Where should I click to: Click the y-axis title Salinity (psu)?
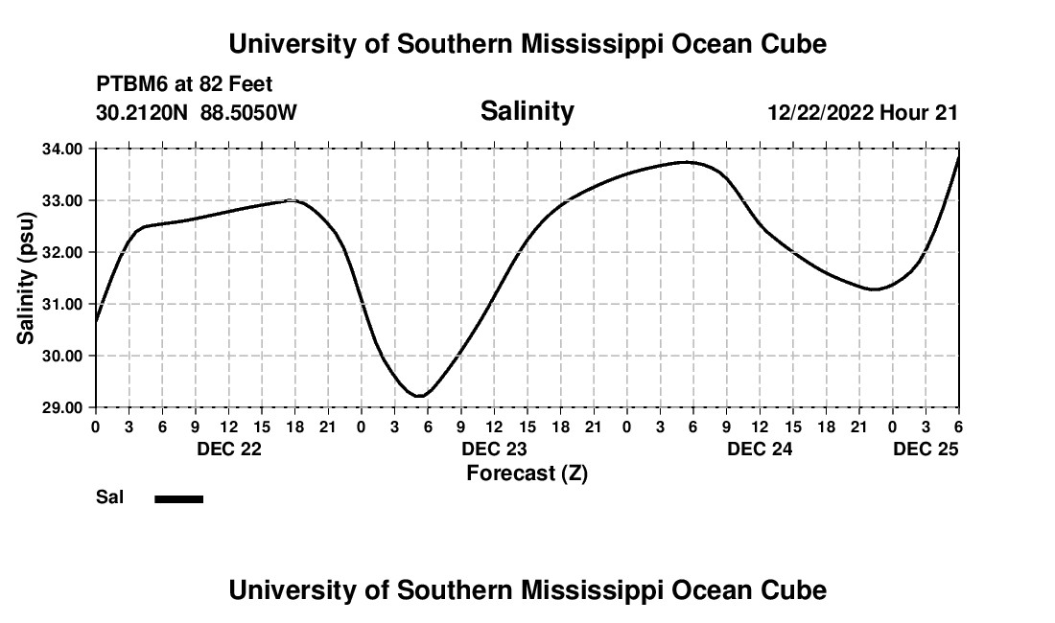point(26,278)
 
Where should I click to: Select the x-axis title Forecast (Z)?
point(527,473)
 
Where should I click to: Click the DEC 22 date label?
point(228,449)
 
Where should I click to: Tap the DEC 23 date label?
point(494,449)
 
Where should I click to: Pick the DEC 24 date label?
point(760,449)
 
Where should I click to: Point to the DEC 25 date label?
point(926,449)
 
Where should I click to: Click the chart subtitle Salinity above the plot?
point(527,111)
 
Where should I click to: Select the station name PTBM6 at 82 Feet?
point(184,85)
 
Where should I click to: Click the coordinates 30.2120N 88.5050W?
point(197,113)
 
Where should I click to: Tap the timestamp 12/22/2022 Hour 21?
point(862,113)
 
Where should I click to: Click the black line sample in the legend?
point(179,498)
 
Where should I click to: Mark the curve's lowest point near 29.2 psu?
point(418,396)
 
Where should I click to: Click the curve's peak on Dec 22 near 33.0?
point(292,200)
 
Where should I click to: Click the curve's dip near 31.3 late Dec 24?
point(875,288)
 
